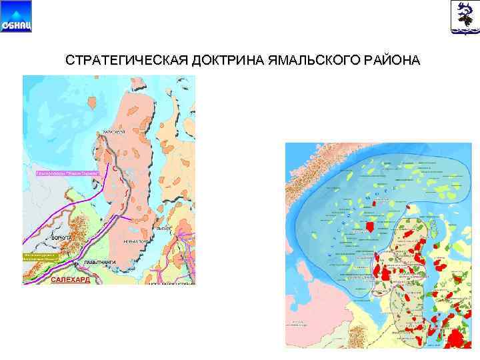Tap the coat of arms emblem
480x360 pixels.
point(464,17)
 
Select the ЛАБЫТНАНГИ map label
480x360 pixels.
point(100,262)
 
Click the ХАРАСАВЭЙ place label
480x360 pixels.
point(115,133)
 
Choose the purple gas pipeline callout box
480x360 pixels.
point(67,173)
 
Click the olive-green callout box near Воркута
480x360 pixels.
point(41,257)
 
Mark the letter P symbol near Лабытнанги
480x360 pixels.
point(76,265)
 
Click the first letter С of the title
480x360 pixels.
point(69,61)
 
